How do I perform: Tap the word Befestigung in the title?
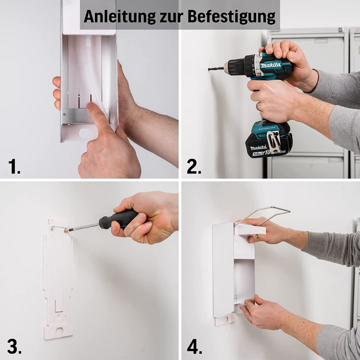[x=231, y=17]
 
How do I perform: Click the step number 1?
[x=14, y=166]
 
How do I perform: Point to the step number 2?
[x=194, y=166]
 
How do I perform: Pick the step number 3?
[x=14, y=346]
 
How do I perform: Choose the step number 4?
[x=194, y=346]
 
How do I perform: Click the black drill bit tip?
[x=209, y=69]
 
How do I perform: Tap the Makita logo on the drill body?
[x=270, y=65]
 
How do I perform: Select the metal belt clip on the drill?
[x=274, y=141]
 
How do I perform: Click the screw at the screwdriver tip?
[x=66, y=230]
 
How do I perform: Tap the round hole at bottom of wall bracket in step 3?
[x=59, y=331]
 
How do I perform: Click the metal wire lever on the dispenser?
[x=262, y=216]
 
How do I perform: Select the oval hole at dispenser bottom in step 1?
[x=85, y=134]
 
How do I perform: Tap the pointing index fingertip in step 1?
[x=90, y=106]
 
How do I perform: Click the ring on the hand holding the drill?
[x=258, y=106]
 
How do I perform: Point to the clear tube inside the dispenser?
[x=94, y=73]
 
